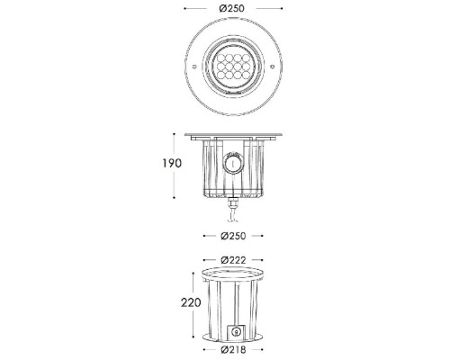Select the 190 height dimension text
(173, 164)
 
